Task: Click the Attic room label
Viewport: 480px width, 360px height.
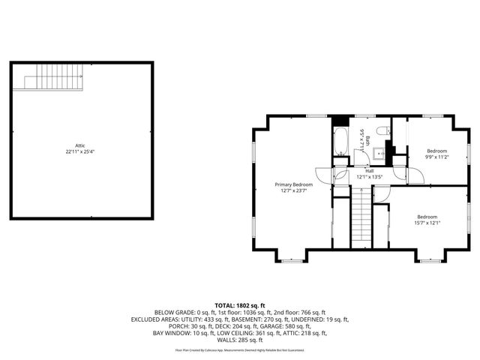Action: (80, 145)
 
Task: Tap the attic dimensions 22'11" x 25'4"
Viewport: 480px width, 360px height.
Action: (80, 151)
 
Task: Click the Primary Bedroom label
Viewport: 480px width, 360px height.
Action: (293, 184)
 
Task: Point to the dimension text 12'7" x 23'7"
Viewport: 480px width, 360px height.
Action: (293, 190)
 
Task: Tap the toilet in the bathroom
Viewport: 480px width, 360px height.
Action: (382, 133)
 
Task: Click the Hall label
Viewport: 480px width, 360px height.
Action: (370, 171)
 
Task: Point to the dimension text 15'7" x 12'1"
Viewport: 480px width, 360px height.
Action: (428, 223)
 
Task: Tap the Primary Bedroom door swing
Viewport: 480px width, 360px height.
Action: (323, 176)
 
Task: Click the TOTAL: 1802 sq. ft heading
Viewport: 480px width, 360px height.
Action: (240, 305)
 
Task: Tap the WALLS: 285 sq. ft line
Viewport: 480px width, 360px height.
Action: (240, 339)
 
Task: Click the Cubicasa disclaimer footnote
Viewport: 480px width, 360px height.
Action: (240, 349)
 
